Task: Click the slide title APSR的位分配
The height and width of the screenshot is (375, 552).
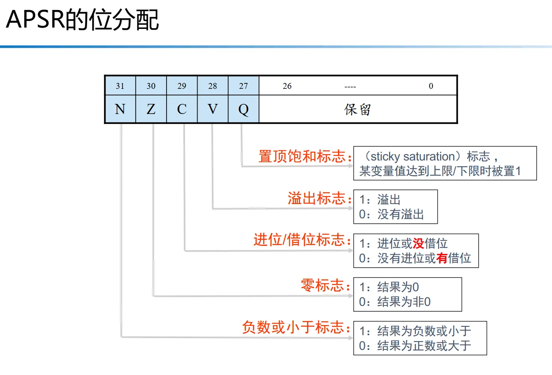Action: (82, 20)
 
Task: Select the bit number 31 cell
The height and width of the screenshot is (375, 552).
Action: (120, 86)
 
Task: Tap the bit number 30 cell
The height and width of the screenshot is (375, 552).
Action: (151, 86)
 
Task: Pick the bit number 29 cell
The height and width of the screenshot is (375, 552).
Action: (182, 86)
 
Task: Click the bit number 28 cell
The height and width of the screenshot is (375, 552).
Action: (213, 86)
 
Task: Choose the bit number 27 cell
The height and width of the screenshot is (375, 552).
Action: (244, 86)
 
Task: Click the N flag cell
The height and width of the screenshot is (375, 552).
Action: (120, 109)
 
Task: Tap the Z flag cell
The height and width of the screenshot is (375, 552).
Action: (151, 109)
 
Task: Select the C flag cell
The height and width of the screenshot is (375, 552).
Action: (182, 109)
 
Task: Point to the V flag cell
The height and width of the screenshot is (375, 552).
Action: (213, 109)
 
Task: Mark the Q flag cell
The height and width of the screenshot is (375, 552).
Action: (244, 109)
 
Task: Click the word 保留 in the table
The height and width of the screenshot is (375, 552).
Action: (358, 109)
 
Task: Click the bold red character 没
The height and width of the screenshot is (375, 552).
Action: (418, 243)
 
